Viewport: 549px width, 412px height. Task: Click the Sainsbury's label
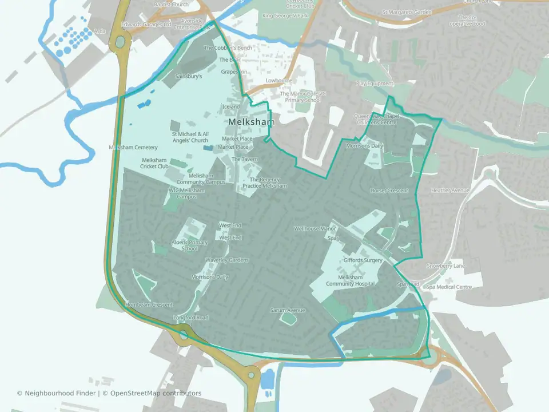pyautogui.click(x=189, y=76)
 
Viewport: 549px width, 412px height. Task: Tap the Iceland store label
pyautogui.click(x=230, y=106)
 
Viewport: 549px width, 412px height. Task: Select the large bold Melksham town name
pyautogui.click(x=251, y=122)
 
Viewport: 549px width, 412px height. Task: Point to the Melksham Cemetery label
pyautogui.click(x=133, y=148)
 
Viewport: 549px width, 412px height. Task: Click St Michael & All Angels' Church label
pyautogui.click(x=190, y=137)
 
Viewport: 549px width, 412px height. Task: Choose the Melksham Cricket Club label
pyautogui.click(x=155, y=163)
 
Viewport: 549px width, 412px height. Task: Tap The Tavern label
pyautogui.click(x=245, y=159)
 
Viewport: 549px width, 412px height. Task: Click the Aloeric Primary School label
pyautogui.click(x=190, y=245)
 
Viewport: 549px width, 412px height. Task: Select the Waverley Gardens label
pyautogui.click(x=227, y=260)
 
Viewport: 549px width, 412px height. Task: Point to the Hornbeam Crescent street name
pyautogui.click(x=149, y=305)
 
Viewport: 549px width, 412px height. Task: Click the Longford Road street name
pyautogui.click(x=191, y=318)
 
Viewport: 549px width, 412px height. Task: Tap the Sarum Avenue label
pyautogui.click(x=288, y=310)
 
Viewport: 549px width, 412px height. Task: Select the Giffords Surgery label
pyautogui.click(x=363, y=260)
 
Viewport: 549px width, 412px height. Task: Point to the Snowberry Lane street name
pyautogui.click(x=446, y=266)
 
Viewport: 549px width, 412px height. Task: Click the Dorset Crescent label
pyautogui.click(x=389, y=191)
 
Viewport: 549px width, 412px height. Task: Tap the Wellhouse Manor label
pyautogui.click(x=314, y=228)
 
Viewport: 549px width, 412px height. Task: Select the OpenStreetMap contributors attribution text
pyautogui.click(x=156, y=393)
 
